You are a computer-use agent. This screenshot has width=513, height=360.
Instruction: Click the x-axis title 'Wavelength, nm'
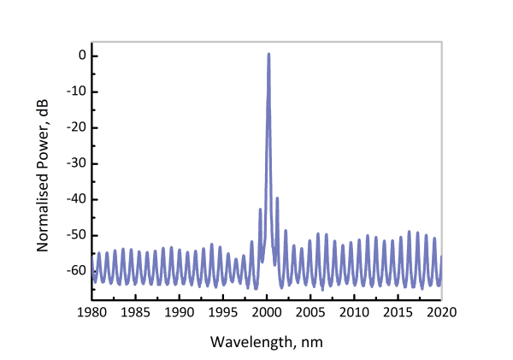pyautogui.click(x=268, y=340)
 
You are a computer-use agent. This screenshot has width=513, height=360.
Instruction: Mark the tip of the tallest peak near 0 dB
pyautogui.click(x=268, y=54)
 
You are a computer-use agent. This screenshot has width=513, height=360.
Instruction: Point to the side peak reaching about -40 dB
pyautogui.click(x=276, y=198)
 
